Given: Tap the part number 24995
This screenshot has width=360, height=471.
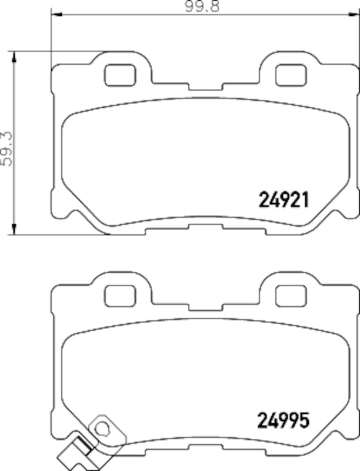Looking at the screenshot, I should click(x=283, y=420).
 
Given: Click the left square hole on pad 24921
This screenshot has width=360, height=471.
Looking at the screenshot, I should click(x=119, y=74).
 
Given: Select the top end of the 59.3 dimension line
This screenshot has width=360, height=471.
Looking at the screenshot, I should click(x=13, y=51).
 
